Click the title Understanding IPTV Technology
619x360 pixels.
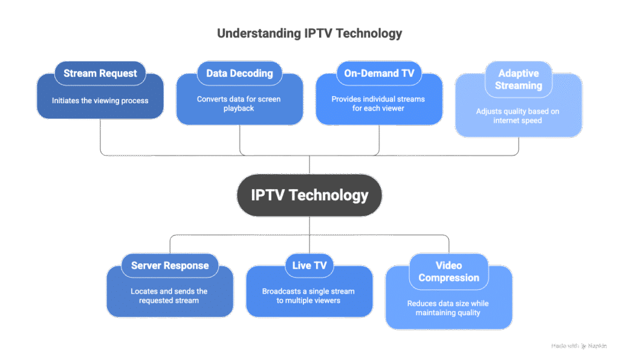309,33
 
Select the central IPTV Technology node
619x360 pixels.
309,195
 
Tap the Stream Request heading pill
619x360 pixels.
100,74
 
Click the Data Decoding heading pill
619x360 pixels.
239,74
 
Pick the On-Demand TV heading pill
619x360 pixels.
379,74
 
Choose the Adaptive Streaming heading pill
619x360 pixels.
518,79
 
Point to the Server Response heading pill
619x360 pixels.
170,266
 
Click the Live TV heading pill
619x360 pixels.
309,266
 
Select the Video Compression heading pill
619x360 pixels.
449,272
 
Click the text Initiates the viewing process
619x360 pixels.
100,100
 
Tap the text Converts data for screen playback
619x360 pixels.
239,103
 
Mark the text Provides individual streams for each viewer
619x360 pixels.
379,103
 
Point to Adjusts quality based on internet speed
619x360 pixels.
518,115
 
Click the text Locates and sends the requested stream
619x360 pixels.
170,295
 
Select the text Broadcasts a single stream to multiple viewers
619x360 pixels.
309,295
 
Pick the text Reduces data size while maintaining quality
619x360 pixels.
449,308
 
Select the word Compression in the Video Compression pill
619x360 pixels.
449,278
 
